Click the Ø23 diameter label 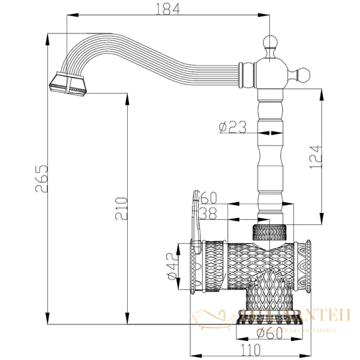[231, 127]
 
